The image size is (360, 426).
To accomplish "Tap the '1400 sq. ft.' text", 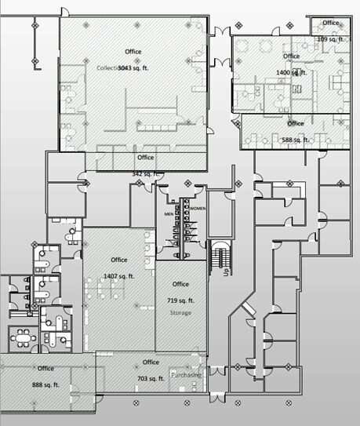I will click(292, 73).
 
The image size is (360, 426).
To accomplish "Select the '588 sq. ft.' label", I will click(296, 140).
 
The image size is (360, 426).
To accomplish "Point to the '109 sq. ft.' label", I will click(331, 38).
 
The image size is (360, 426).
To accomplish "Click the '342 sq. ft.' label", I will click(146, 173).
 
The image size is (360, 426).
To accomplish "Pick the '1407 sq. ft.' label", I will click(119, 276).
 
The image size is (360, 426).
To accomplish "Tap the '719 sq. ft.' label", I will click(180, 300).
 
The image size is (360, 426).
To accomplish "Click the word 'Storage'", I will click(180, 312).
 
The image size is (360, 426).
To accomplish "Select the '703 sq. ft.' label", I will click(151, 379).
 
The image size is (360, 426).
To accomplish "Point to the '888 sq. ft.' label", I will click(45, 384).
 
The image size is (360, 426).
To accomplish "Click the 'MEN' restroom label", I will click(168, 213).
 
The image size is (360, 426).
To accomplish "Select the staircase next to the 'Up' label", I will click(220, 255).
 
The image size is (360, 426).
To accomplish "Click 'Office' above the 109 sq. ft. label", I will click(331, 22).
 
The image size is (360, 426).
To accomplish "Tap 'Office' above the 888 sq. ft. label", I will click(45, 368).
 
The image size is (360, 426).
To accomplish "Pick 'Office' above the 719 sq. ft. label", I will click(180, 284).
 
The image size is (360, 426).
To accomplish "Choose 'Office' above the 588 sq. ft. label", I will click(296, 124).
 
